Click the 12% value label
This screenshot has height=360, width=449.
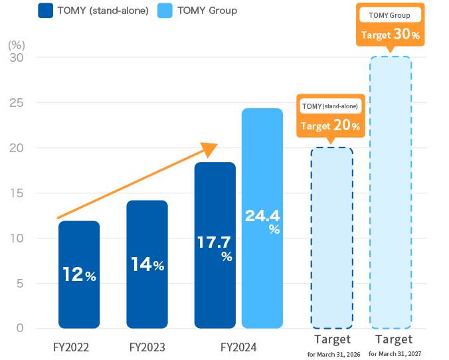[79, 275]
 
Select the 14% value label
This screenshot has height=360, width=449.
[147, 264]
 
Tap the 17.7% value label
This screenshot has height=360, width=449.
[215, 247]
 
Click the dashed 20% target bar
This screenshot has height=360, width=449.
[331, 239]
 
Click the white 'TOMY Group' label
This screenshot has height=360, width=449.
[389, 15]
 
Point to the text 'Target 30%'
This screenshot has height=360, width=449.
[390, 35]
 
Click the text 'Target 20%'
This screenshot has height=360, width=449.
[330, 125]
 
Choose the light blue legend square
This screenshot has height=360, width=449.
[167, 10]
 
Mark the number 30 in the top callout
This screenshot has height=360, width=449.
[401, 34]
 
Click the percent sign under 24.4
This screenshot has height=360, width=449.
[274, 230]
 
